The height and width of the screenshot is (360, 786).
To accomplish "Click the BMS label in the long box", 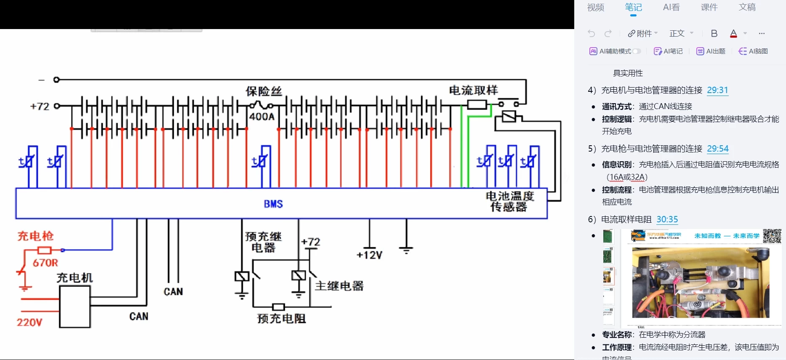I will tap(273, 204).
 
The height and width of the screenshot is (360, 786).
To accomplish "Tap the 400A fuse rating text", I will tap(261, 117).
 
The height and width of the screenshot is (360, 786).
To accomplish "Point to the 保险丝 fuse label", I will tap(264, 91).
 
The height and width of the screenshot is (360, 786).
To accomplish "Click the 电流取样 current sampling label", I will tap(473, 90).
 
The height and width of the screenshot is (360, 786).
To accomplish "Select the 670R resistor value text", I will tap(45, 263).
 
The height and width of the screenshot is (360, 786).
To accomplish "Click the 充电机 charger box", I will tap(75, 307).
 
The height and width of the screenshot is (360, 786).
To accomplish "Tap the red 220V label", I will tap(29, 323).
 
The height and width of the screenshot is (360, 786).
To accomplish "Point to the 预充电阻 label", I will tap(281, 319).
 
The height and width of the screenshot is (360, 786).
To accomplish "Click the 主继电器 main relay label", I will tap(339, 286).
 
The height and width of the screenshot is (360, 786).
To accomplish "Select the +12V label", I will tap(369, 255).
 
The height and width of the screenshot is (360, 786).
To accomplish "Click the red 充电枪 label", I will tap(35, 236).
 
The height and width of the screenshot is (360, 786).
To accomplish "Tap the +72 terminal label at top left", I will tap(40, 107).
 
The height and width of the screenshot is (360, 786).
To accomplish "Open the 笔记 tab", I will tap(633, 8).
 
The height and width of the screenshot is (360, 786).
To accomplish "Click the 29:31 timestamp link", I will tap(717, 90).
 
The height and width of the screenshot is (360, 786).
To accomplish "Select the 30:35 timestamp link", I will tap(667, 219).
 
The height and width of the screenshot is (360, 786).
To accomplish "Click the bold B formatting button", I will tap(714, 34).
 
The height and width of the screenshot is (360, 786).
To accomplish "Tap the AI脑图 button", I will tap(754, 51).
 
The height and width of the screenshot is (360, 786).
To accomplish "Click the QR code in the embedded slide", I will tap(772, 236).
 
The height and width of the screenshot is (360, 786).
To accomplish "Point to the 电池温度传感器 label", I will tap(509, 202).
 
